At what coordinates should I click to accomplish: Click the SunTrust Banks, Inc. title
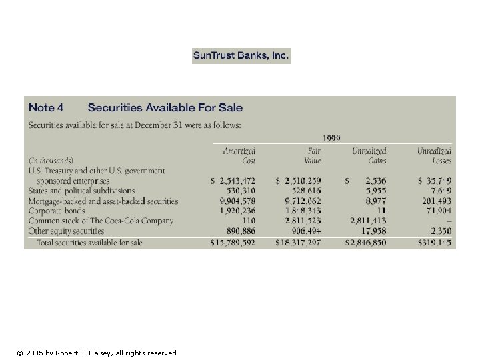pos(241,56)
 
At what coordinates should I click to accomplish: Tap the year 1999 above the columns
pos(331,138)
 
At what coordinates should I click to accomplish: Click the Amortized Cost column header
pos(239,156)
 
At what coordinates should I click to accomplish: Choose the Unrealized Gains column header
pos(369,156)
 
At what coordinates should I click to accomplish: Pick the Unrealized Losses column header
pos(434,156)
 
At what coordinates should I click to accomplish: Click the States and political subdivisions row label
pos(81,191)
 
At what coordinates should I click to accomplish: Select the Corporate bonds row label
pos(57,211)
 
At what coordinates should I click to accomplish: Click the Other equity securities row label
pos(66,231)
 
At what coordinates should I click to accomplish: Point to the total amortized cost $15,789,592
pos(233,243)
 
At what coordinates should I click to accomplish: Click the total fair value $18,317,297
pos(298,243)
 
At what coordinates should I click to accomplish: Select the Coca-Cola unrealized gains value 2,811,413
pos(368,221)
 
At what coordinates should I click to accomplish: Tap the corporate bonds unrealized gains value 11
pos(381,211)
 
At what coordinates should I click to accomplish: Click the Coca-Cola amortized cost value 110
pos(248,221)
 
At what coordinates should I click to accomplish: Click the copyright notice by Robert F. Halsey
pos(97,353)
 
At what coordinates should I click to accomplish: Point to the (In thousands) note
pos(51,161)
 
